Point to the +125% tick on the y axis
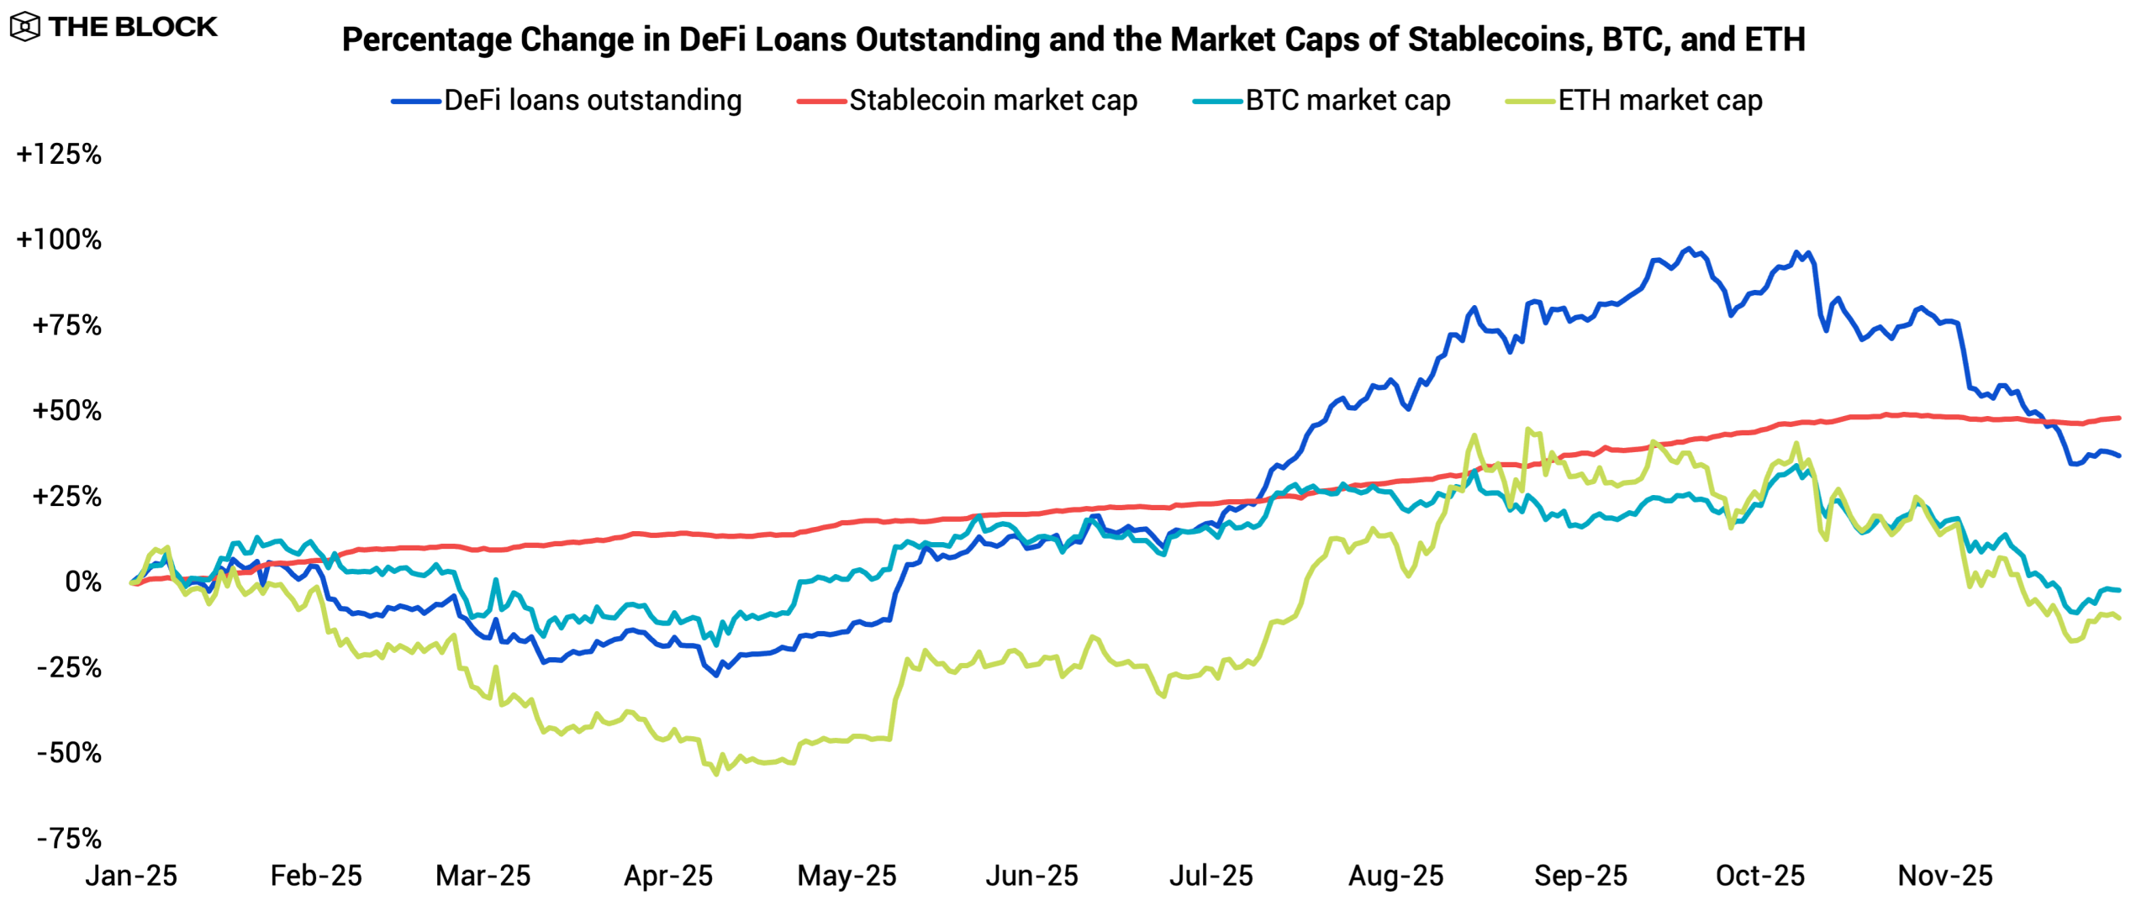[59, 155]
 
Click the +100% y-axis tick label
[59, 240]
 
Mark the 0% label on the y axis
[82, 582]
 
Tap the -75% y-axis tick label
[69, 838]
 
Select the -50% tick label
[69, 753]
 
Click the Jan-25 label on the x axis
[131, 876]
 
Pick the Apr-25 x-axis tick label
[668, 876]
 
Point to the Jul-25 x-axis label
[1211, 876]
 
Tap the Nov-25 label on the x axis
[1945, 876]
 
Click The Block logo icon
[25, 27]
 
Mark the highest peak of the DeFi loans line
[1688, 249]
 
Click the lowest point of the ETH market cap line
[716, 773]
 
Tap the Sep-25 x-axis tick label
[1580, 876]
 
